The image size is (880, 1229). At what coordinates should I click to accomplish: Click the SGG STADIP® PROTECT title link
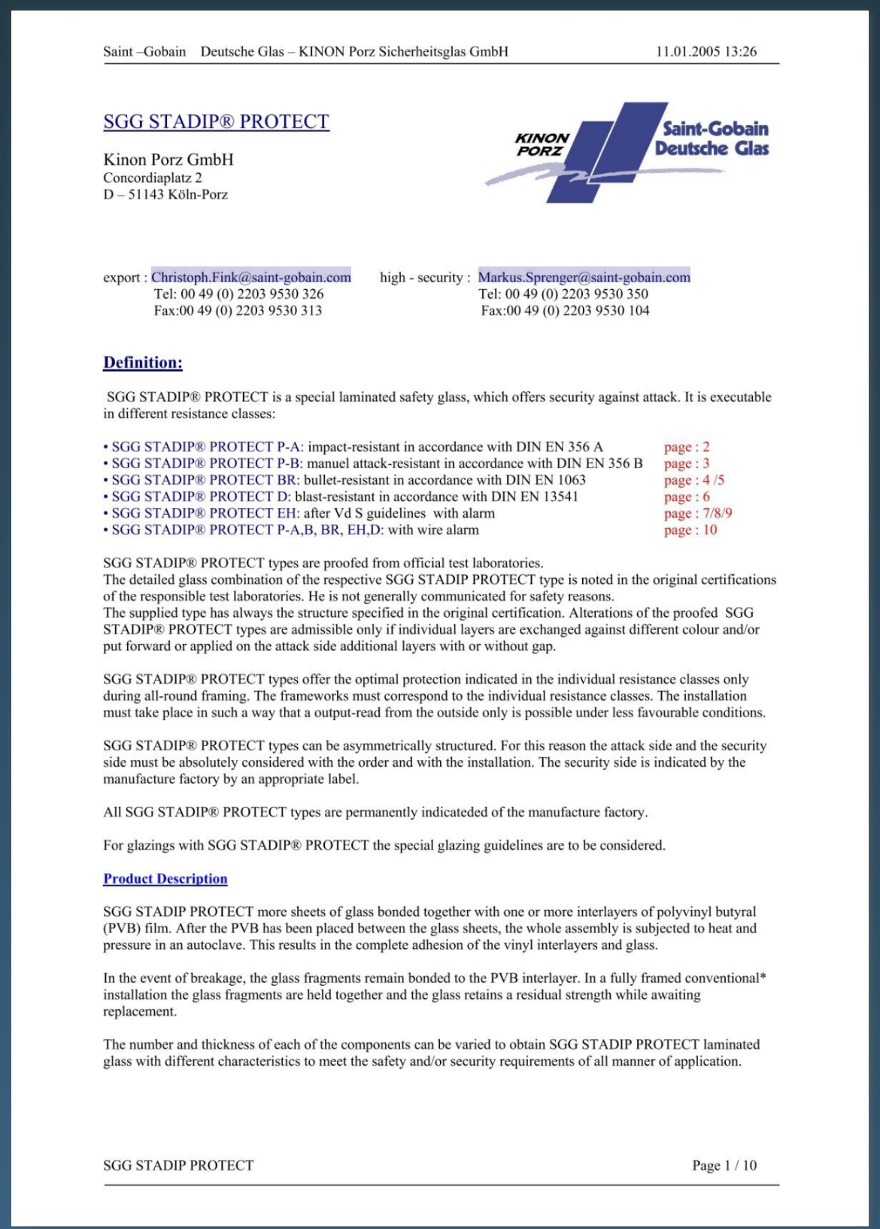click(x=216, y=122)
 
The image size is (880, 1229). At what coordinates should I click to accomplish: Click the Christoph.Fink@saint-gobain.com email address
click(x=251, y=277)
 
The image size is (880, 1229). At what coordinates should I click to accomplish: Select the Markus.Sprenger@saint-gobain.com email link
click(x=584, y=277)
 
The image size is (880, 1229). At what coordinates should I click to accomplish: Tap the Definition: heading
click(x=143, y=363)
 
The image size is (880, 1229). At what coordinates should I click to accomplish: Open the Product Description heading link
click(x=165, y=878)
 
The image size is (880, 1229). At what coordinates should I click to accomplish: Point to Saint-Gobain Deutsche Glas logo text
click(x=712, y=138)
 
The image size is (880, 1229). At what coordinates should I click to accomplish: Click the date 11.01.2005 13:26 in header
click(x=706, y=51)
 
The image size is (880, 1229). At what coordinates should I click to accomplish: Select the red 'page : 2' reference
click(x=687, y=446)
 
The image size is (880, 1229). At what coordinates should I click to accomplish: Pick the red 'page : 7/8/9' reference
click(x=698, y=513)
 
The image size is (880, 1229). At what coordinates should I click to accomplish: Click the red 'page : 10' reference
click(x=690, y=530)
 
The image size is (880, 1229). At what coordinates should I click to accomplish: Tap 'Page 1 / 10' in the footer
click(x=724, y=1165)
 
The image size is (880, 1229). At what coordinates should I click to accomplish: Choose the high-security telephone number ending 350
click(x=563, y=294)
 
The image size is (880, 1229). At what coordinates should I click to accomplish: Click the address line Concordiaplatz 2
click(x=153, y=178)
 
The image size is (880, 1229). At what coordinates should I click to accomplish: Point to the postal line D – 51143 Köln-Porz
click(x=165, y=194)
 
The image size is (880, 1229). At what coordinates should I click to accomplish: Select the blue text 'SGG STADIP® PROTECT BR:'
click(x=205, y=480)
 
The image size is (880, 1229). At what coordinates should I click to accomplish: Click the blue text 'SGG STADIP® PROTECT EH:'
click(x=205, y=513)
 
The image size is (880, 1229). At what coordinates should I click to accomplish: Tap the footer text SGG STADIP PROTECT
click(x=178, y=1165)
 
